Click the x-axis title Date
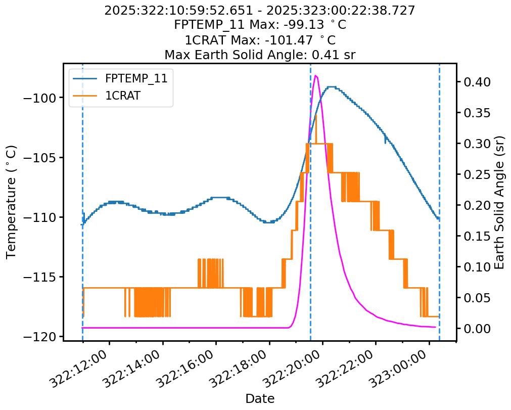pyautogui.click(x=260, y=398)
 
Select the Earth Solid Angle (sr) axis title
pyautogui.click(x=499, y=202)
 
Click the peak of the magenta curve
pyautogui.click(x=316, y=76)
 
